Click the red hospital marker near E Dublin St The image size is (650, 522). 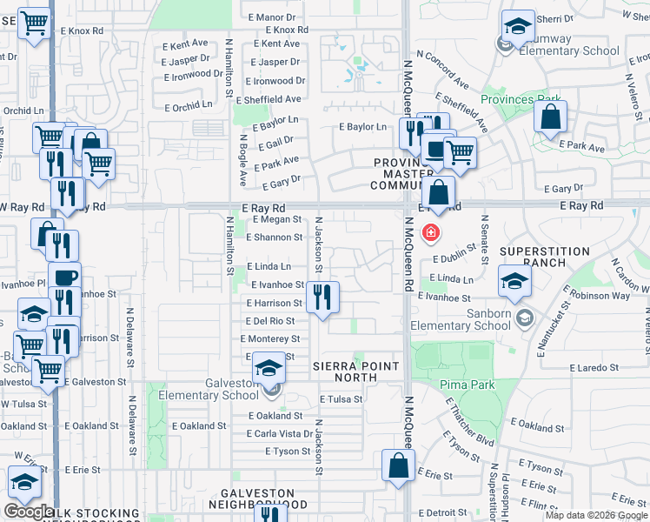tap(429, 233)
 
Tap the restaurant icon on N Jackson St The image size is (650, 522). tap(323, 298)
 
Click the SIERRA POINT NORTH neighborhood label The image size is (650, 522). tap(345, 372)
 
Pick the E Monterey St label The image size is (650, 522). tap(272, 338)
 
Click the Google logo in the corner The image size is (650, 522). tap(28, 512)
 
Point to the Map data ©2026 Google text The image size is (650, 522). tap(596, 515)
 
